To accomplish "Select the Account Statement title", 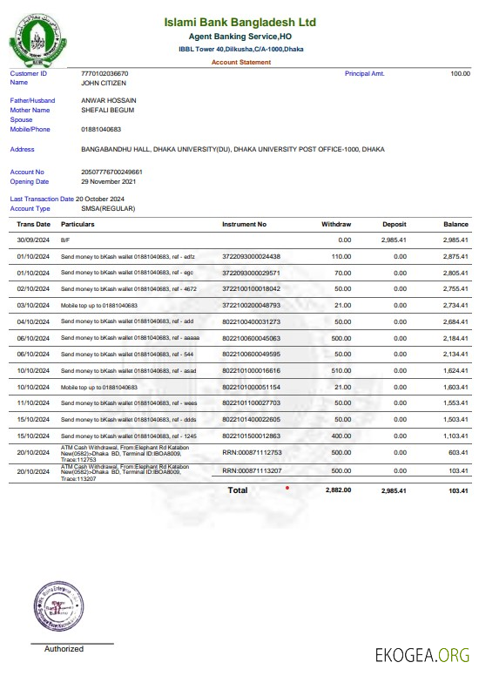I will click(241, 63).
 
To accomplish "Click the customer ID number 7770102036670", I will click(104, 74).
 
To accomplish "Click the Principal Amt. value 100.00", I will click(460, 74).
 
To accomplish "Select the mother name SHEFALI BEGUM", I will click(108, 111).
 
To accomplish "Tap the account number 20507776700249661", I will click(111, 172).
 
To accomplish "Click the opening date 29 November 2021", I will click(109, 182).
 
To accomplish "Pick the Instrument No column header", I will click(245, 225).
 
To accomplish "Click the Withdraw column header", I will click(336, 225).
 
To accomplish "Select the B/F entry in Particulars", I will click(64, 240).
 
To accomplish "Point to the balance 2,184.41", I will click(455, 337).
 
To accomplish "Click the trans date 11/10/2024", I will click(32, 402).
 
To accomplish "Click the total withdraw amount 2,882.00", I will click(338, 490).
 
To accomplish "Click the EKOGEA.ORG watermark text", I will click(422, 655).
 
